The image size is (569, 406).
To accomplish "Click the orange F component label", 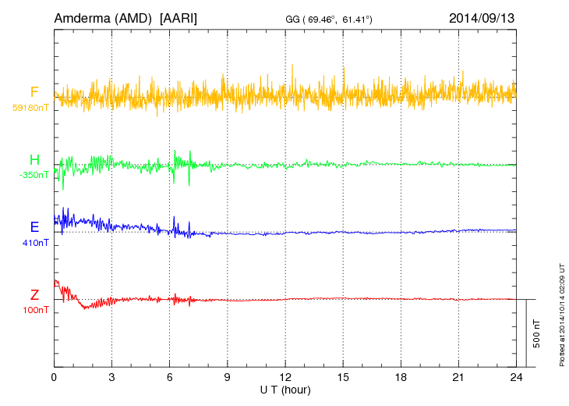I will (x=35, y=93).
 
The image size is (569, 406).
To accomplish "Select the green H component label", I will (x=35, y=160).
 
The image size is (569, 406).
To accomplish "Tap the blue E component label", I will (x=35, y=227).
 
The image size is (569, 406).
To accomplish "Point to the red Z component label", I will (x=35, y=294).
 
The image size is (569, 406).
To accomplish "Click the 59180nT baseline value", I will (x=30, y=108).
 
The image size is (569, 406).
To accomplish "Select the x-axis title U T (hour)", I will (x=285, y=389).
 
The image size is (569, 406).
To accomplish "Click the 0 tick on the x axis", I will (x=54, y=377).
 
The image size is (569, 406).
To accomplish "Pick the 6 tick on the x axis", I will (x=169, y=377).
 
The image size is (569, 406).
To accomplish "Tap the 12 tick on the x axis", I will (x=285, y=377).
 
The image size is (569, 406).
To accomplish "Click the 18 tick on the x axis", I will (x=401, y=377).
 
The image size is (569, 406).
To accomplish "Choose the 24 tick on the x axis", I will (x=516, y=377).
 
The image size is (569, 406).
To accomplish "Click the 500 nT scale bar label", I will (x=537, y=333).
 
